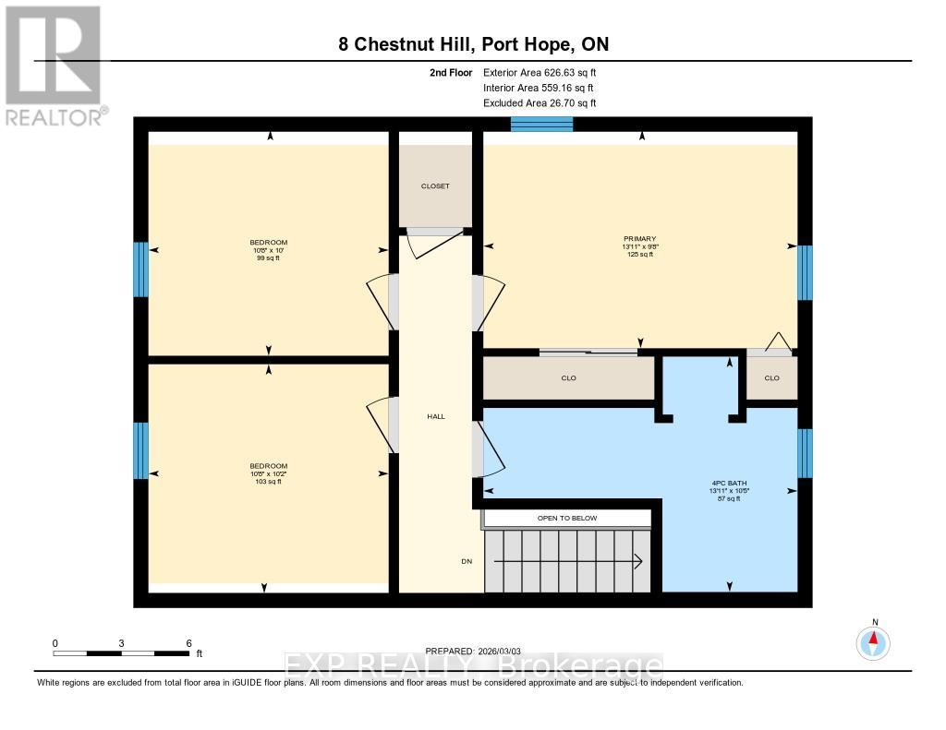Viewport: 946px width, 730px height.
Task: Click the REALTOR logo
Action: (53, 65)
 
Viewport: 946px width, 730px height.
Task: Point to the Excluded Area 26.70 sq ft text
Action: (540, 103)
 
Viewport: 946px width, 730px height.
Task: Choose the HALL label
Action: (435, 416)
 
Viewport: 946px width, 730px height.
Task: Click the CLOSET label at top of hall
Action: (434, 186)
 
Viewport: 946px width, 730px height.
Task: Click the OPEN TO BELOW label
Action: (567, 518)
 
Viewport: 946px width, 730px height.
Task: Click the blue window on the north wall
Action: (542, 125)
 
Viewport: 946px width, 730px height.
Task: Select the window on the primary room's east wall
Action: (805, 272)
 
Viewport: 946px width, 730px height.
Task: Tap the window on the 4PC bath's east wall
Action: (805, 453)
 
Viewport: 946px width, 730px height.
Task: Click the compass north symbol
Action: (873, 640)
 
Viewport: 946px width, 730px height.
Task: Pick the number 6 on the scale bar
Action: (188, 643)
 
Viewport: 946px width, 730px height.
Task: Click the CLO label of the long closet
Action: (568, 377)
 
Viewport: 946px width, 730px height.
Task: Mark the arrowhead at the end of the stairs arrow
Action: (639, 561)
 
